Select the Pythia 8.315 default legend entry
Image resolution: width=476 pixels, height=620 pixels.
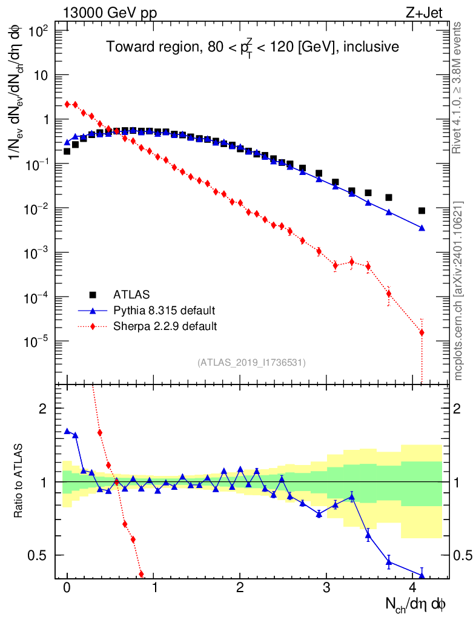[x=164, y=311]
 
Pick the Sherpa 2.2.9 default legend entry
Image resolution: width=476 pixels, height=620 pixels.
[x=165, y=326]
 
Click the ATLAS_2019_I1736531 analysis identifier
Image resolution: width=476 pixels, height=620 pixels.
[x=251, y=363]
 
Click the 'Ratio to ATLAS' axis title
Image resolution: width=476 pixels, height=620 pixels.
[x=19, y=481]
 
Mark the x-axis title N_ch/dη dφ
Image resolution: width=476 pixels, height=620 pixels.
[x=416, y=604]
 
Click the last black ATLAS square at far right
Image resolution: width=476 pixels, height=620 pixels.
[x=421, y=211]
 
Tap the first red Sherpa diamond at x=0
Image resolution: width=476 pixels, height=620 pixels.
[x=67, y=104]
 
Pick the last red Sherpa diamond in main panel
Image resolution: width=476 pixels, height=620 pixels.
[x=421, y=332]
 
